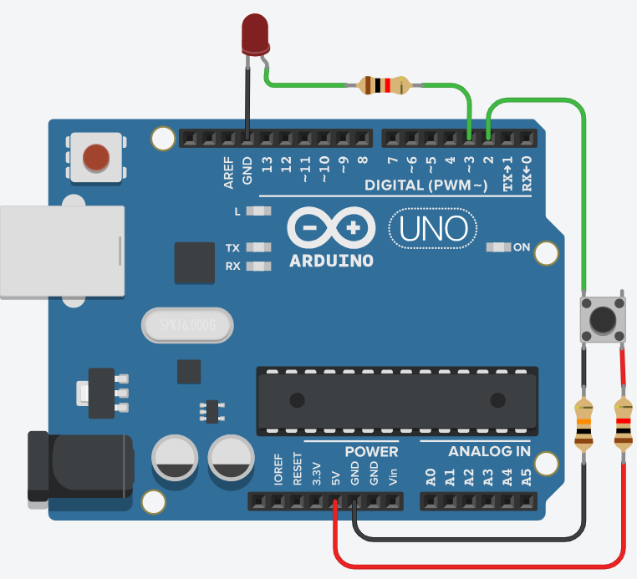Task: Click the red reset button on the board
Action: [x=96, y=155]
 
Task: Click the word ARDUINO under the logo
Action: [x=331, y=261]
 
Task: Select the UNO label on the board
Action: [x=432, y=226]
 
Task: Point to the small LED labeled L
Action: [x=260, y=211]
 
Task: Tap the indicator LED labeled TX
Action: [x=260, y=247]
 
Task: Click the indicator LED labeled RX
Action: [x=260, y=267]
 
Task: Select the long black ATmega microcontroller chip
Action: [x=393, y=399]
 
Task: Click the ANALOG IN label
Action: [x=489, y=451]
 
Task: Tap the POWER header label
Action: [x=371, y=451]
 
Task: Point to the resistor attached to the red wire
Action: [x=623, y=425]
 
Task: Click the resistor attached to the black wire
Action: [x=583, y=425]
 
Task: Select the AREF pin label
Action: [x=228, y=172]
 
